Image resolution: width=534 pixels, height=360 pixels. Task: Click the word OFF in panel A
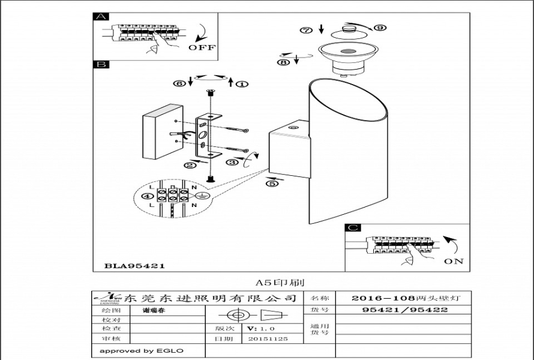(202, 47)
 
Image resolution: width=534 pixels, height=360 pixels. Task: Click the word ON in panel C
(454, 261)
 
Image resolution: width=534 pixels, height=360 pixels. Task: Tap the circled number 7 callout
(307, 30)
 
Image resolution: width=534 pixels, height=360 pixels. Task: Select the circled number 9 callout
(380, 28)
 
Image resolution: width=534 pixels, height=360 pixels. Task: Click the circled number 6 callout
(179, 84)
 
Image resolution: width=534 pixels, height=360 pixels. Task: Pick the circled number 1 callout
(241, 84)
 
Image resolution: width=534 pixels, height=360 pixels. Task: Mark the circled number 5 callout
(273, 184)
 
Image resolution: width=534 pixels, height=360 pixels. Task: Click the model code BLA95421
(135, 265)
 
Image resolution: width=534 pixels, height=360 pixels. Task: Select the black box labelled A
(100, 17)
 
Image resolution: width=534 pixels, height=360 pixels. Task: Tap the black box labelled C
(353, 228)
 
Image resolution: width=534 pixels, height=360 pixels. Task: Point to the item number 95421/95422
(406, 310)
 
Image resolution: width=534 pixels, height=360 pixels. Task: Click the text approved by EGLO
(142, 351)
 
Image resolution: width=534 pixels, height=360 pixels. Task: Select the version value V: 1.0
(260, 329)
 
